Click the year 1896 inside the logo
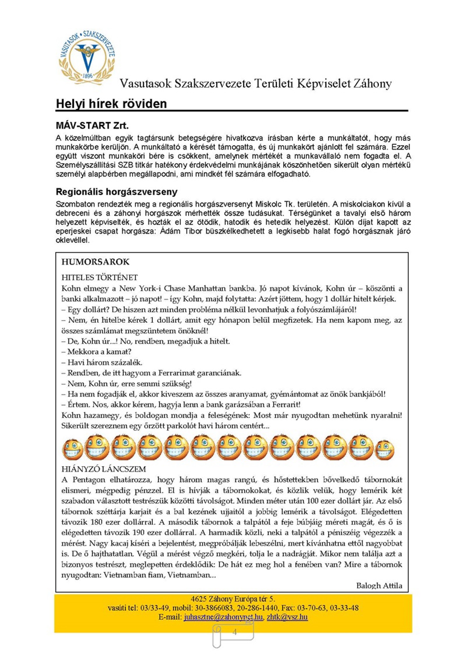88,76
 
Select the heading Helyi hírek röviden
111,104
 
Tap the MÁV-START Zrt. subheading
92,125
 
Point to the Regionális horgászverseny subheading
116,192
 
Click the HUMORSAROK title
95,262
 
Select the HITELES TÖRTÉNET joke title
99,277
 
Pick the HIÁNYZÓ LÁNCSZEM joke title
103,469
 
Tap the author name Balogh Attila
379,586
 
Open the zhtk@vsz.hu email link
287,617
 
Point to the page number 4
235,632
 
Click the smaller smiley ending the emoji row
384,450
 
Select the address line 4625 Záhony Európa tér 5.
233,599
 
